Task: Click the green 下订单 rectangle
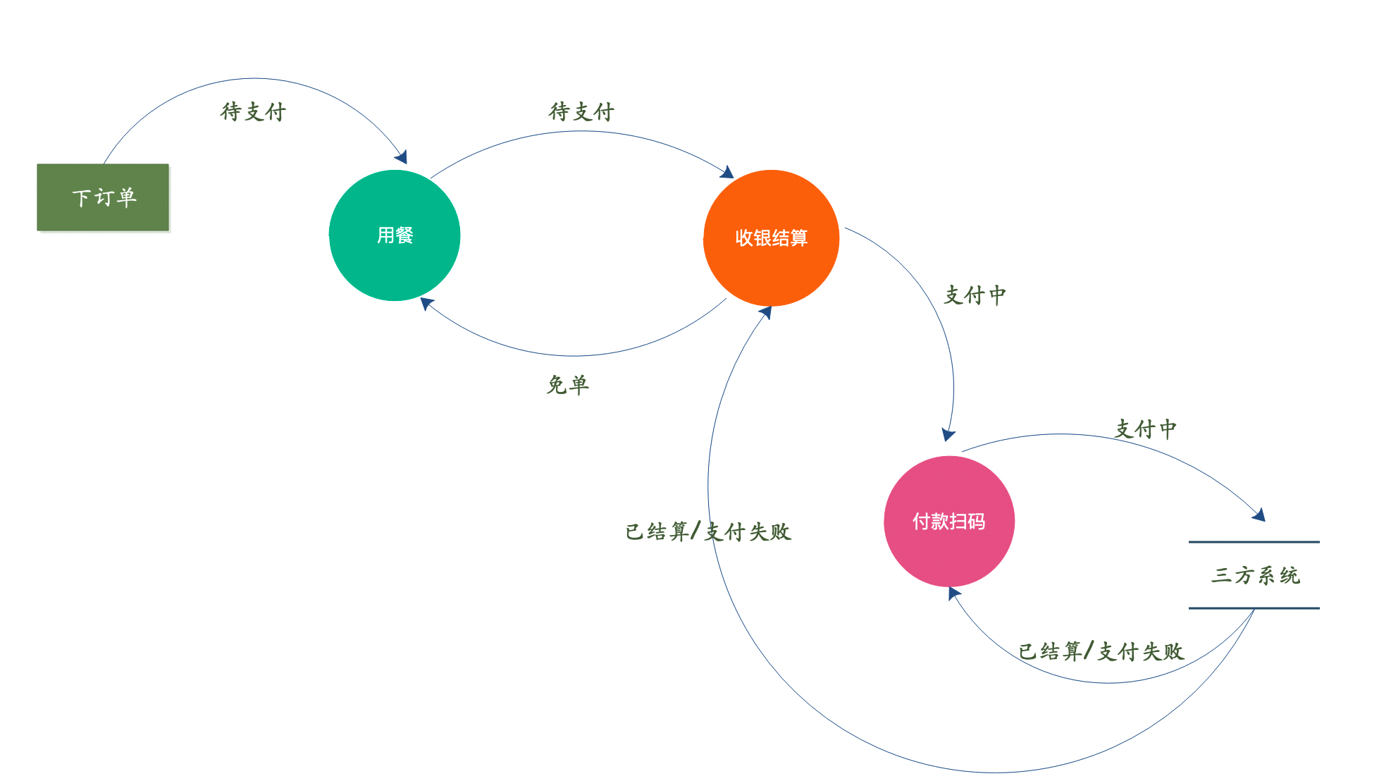[103, 197]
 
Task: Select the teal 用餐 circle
[395, 235]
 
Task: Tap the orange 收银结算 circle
[771, 238]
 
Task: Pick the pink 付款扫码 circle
[948, 522]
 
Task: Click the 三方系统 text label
[1255, 575]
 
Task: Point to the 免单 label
[567, 385]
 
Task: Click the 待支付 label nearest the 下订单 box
[253, 111]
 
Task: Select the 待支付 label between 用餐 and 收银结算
[581, 111]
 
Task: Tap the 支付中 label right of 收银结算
[975, 295]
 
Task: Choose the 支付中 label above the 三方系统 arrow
[1145, 429]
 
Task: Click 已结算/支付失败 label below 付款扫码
[1101, 651]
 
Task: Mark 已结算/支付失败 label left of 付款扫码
[708, 531]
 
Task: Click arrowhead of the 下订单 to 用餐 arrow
[402, 157]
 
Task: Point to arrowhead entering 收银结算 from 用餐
[728, 173]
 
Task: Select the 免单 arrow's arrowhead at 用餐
[426, 303]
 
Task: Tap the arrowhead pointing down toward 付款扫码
[948, 435]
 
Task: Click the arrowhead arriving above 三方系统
[1259, 515]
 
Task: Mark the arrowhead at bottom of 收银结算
[766, 312]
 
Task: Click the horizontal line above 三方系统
[1254, 542]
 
